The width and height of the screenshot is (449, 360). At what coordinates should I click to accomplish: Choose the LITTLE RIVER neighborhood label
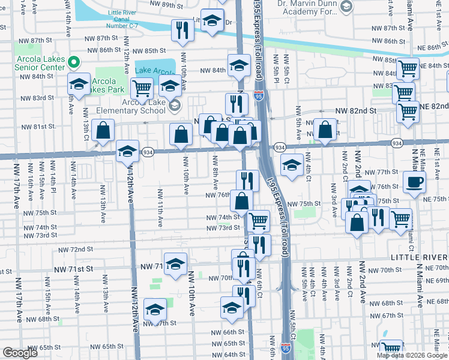[420, 257]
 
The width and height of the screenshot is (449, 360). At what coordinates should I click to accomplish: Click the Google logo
[20, 353]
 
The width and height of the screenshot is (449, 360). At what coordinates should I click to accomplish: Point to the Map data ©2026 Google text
[412, 355]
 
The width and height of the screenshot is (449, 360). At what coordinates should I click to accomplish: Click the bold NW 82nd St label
[355, 111]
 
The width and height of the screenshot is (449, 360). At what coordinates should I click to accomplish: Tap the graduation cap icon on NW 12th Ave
[127, 151]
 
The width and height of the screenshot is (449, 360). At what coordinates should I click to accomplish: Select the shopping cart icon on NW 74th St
[259, 220]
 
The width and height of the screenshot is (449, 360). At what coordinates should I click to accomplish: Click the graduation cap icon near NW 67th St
[155, 310]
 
